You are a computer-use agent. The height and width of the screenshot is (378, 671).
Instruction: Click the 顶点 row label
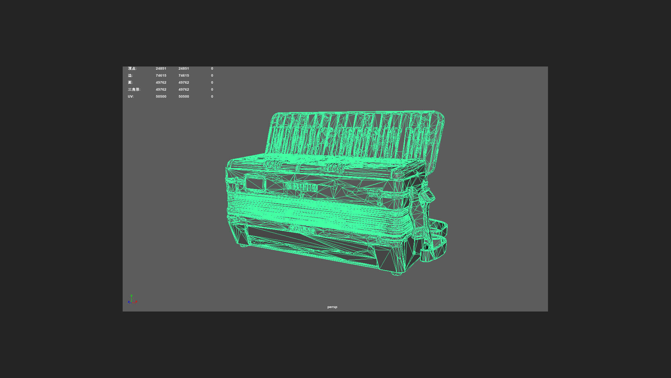(x=132, y=69)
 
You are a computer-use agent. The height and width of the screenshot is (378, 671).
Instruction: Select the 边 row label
(x=130, y=76)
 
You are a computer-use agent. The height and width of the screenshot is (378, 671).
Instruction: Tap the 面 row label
(x=130, y=83)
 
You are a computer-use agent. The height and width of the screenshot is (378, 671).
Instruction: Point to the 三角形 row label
(x=134, y=90)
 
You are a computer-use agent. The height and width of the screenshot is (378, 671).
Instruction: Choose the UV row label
(x=131, y=97)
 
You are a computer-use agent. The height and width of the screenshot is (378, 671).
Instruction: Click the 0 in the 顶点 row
(x=212, y=69)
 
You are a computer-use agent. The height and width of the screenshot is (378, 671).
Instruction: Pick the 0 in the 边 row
(x=212, y=76)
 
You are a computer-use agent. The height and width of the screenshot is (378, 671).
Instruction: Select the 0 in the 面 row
(x=212, y=83)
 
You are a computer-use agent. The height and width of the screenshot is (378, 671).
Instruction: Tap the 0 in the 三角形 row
(x=212, y=90)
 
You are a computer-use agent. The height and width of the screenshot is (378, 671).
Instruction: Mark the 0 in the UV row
(x=212, y=97)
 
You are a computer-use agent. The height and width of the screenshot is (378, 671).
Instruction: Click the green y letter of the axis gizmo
(x=131, y=296)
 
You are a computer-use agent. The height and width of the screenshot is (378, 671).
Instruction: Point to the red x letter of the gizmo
(x=136, y=301)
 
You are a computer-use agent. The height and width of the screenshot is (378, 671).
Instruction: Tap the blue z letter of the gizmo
(x=129, y=302)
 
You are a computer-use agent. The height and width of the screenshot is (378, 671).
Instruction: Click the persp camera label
(x=332, y=307)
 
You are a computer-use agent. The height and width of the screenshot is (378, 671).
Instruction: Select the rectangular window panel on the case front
(x=254, y=183)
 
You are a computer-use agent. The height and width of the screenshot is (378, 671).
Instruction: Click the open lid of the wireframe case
(x=355, y=135)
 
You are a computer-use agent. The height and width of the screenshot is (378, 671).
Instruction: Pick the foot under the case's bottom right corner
(x=397, y=274)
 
